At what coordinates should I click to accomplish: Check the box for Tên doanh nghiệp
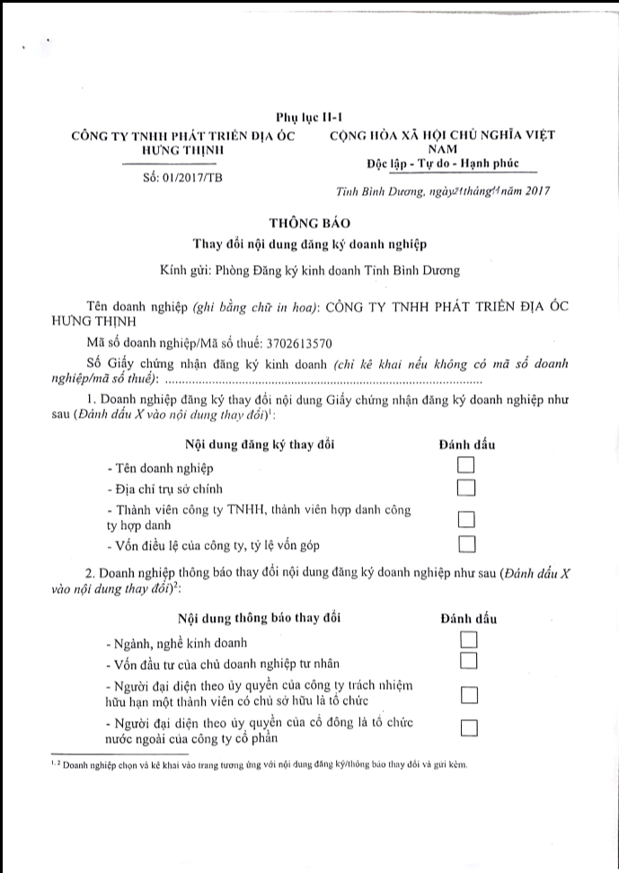[465, 465]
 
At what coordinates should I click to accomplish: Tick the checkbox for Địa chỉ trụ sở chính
[465, 488]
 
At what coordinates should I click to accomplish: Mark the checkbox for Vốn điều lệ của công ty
[465, 542]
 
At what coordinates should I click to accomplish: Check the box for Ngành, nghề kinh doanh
[468, 639]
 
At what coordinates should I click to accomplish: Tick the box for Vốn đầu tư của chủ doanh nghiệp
[468, 662]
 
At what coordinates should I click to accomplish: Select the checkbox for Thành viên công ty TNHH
[465, 518]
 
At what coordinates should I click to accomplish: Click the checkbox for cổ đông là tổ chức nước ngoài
[468, 727]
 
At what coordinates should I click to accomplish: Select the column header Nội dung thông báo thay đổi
[260, 618]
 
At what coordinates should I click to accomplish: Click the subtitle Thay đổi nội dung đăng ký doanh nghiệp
[309, 243]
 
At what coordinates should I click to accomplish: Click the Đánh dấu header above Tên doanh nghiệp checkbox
[465, 445]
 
